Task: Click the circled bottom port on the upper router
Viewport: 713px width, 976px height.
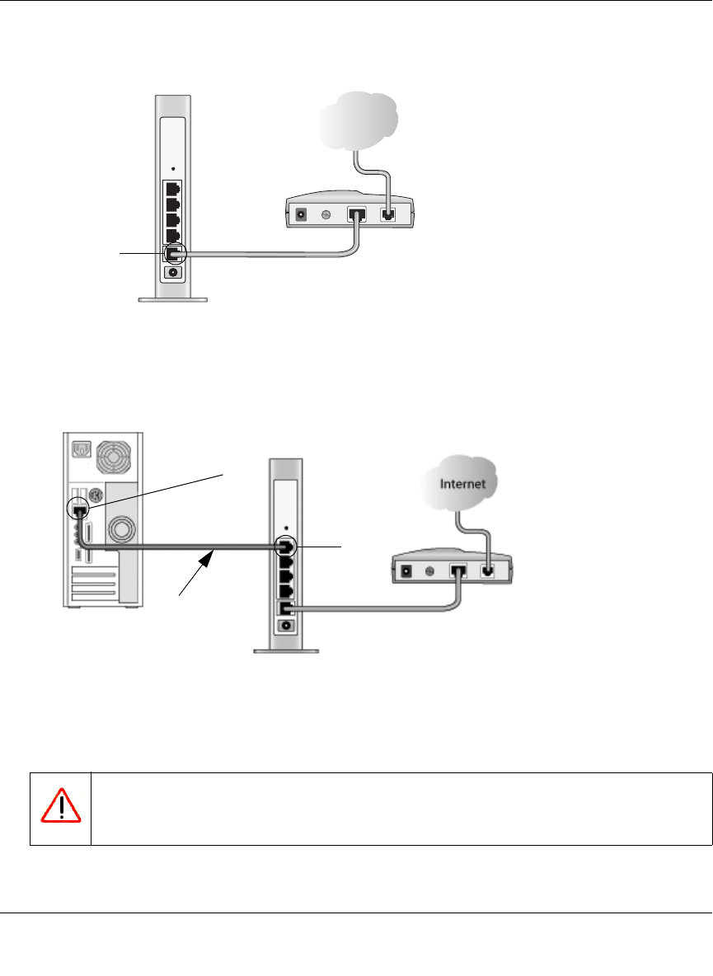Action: click(x=174, y=252)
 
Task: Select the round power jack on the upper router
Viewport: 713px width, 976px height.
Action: click(x=174, y=273)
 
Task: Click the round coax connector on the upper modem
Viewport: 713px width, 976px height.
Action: click(x=325, y=214)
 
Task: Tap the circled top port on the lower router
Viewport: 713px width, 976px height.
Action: click(x=286, y=547)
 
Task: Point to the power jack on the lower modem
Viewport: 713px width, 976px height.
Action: click(x=406, y=570)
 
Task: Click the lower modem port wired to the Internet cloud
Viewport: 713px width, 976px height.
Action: click(x=487, y=570)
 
